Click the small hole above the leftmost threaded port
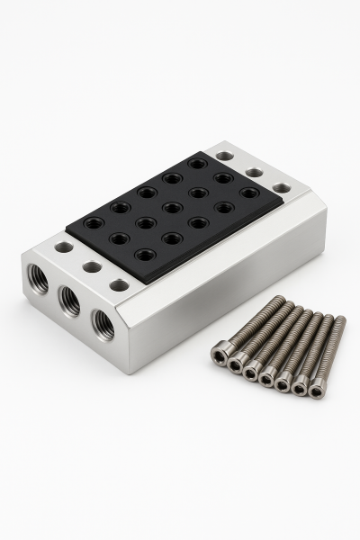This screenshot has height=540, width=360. click(x=63, y=247)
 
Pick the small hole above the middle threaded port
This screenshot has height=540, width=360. click(x=91, y=266)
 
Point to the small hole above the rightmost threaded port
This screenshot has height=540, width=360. click(x=119, y=285)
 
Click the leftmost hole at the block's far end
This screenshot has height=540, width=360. click(x=225, y=156)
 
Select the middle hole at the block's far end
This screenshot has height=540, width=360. click(x=254, y=172)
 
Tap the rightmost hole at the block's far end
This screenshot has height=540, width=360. click(x=282, y=188)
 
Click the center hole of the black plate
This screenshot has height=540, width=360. click(x=172, y=208)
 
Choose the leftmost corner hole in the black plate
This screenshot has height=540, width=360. click(x=94, y=222)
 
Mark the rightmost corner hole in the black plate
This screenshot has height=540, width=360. click(x=249, y=193)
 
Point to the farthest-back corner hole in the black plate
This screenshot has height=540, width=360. click(x=198, y=164)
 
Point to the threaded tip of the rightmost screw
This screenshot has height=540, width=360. click(x=340, y=320)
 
